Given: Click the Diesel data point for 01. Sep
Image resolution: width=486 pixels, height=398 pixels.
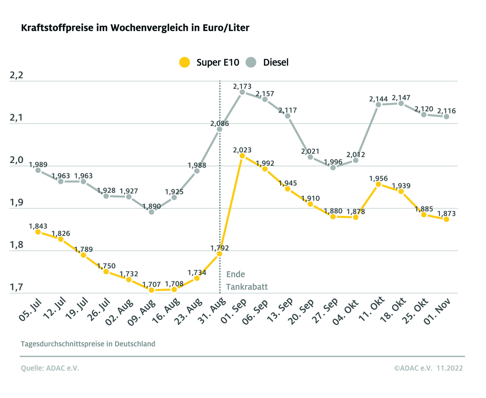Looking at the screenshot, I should [242, 92].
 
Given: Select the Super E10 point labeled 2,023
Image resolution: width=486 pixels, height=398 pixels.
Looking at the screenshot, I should [242, 156].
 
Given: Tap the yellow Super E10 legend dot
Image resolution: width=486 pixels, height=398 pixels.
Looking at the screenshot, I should [185, 62].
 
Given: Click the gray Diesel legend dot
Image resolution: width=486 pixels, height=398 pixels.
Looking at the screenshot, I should [251, 62].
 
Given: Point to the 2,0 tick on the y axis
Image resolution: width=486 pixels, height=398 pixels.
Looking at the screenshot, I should [16, 160].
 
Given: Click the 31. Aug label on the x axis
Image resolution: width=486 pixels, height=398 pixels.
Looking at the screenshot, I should [212, 311].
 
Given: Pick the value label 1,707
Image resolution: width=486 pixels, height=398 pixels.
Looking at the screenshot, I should [151, 284].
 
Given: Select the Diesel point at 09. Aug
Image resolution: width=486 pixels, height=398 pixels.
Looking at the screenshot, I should [151, 212].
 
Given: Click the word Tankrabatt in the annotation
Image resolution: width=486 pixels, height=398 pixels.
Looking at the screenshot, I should [247, 287].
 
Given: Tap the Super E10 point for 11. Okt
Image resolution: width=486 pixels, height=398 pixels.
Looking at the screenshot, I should [378, 184].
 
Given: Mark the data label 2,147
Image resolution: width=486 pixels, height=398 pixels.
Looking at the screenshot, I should [401, 98].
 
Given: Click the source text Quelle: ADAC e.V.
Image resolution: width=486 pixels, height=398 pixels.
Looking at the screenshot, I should [50, 368].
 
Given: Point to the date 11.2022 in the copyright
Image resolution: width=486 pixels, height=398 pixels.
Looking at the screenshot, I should [450, 368].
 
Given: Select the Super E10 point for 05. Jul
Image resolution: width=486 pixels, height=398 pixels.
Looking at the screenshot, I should [38, 232].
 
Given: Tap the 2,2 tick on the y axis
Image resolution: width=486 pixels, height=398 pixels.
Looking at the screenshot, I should [16, 75].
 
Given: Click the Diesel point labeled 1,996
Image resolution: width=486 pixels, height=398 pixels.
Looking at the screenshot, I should [333, 167].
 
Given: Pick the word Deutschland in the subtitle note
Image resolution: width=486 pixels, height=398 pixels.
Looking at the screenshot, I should [135, 344].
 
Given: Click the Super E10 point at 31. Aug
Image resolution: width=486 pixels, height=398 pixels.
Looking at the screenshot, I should [220, 254].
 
